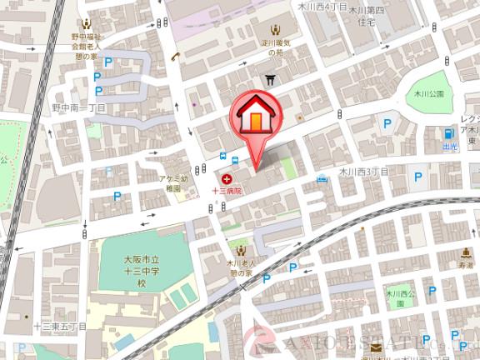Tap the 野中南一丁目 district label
pos(78,107)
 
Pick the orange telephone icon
pos(177,57)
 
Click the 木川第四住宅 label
pos(367,15)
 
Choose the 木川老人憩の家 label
pos(241,267)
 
